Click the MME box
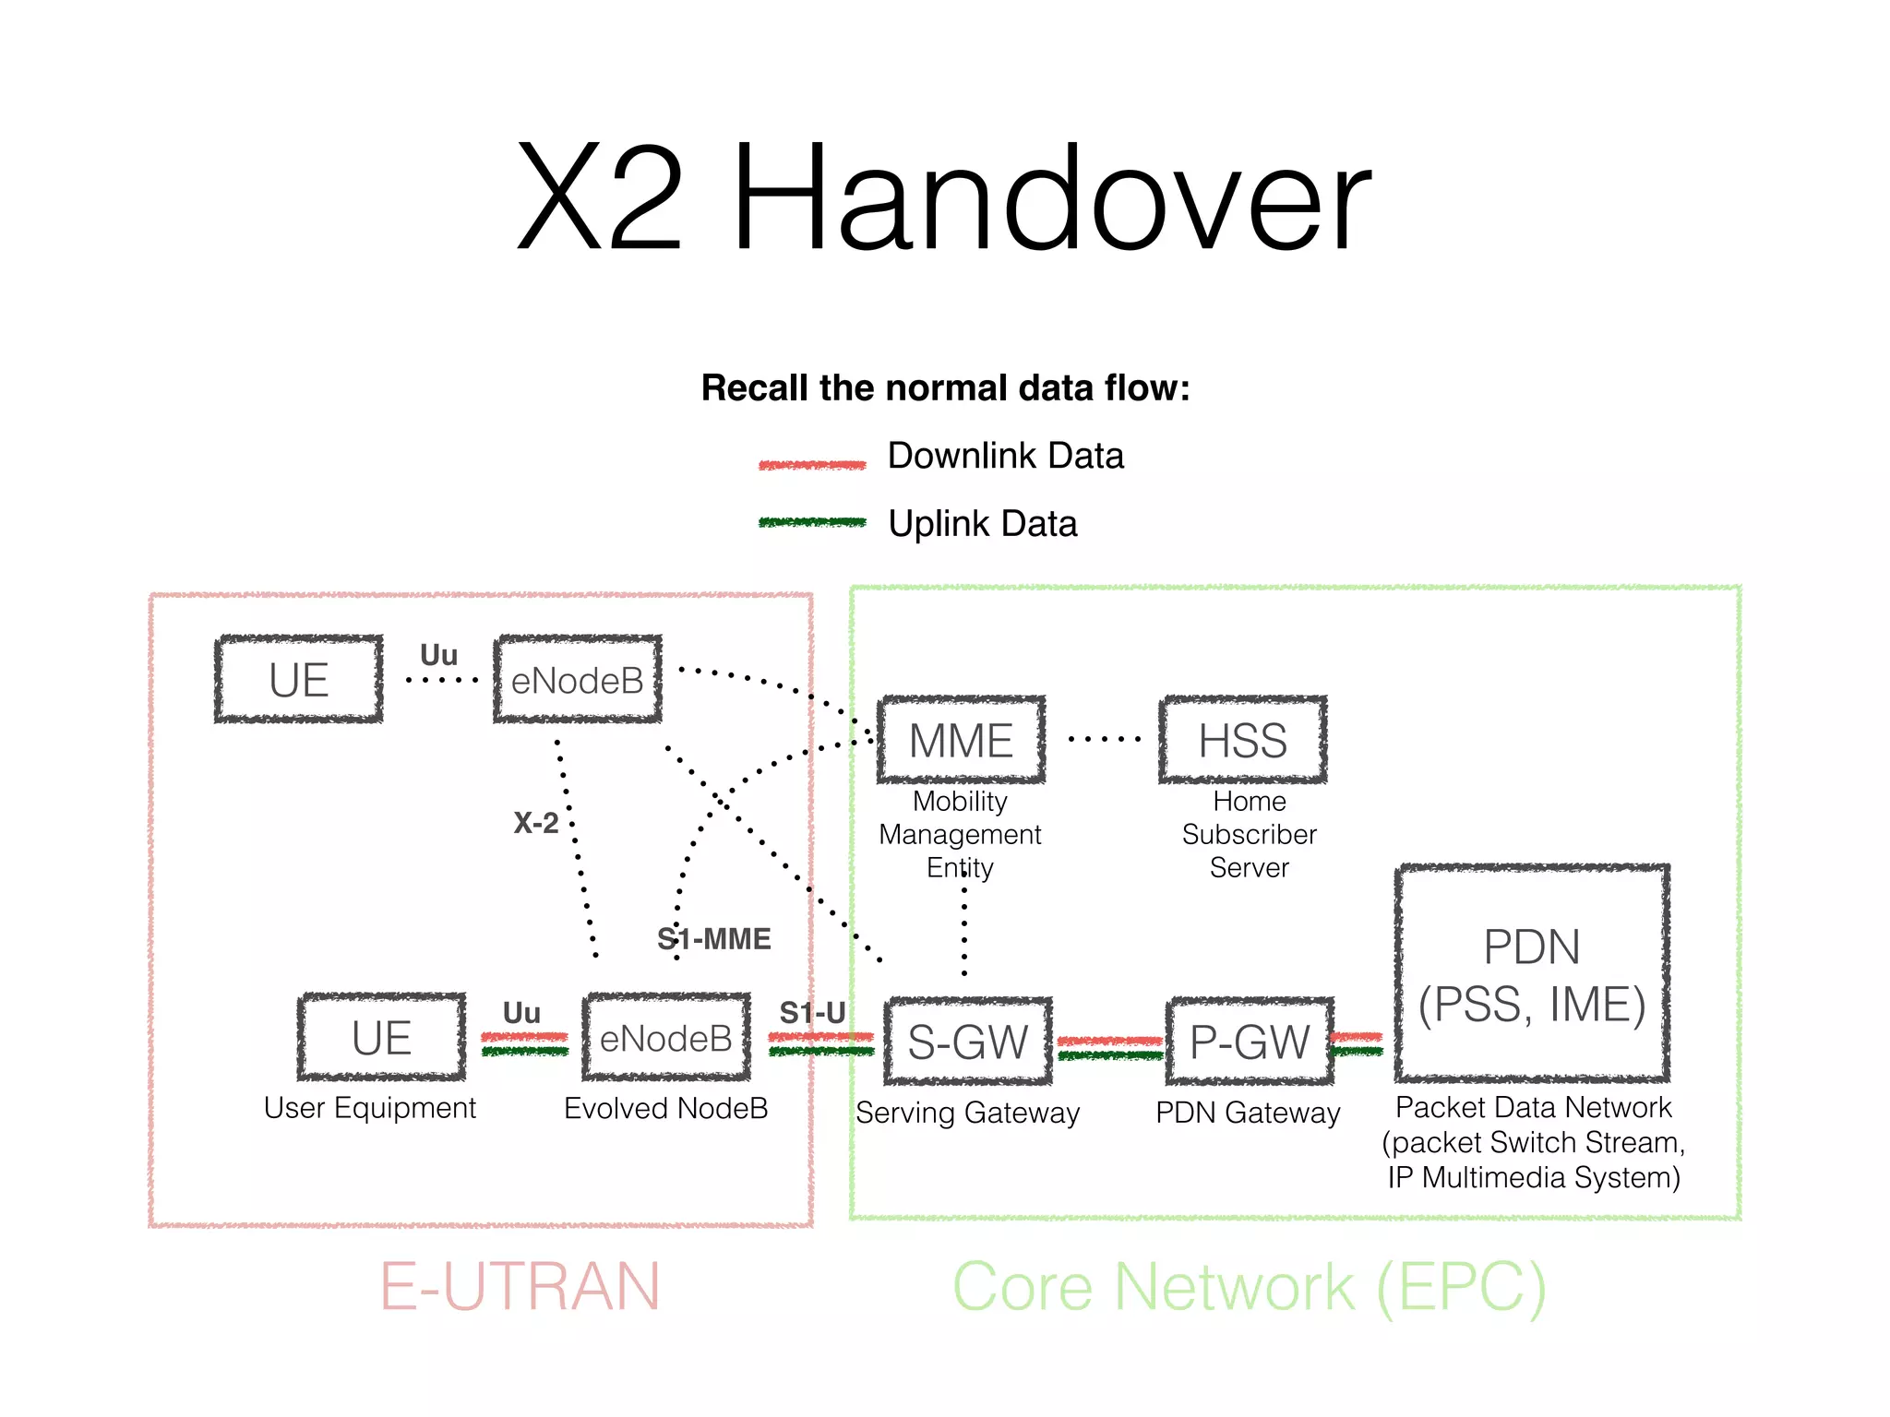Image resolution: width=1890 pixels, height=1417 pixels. pos(961,740)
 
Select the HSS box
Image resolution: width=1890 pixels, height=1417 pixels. pos(1242,740)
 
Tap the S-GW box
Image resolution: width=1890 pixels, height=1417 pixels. pos(967,1042)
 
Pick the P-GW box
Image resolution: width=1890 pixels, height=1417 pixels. pos(1250,1042)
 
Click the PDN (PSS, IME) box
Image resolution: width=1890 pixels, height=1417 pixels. pos(1532,973)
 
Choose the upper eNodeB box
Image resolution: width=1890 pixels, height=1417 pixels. pos(578,680)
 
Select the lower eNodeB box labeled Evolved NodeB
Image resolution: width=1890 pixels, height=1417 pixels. pos(665,1038)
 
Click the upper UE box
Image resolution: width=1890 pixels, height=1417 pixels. pos(298,680)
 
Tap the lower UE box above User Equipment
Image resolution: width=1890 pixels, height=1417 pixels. pos(381,1038)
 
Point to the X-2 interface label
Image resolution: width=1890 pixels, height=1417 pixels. pos(535,822)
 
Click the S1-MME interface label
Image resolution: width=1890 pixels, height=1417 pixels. pos(713,938)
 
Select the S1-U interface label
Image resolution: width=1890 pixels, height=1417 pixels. pos(812,1012)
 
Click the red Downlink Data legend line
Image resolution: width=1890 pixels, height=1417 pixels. pos(812,465)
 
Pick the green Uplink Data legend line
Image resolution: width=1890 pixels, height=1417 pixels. pos(812,522)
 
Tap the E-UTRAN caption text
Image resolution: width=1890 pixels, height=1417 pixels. pos(520,1286)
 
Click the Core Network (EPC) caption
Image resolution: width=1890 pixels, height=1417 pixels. pos(1248,1286)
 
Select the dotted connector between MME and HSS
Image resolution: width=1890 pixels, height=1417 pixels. pos(1104,739)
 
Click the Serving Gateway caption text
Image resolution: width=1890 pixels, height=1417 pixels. pos(967,1113)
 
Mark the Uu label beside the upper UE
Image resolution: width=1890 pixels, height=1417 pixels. pos(438,655)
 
